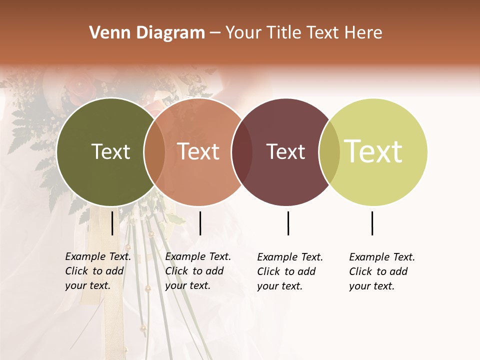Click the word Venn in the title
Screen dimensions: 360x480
tap(105, 33)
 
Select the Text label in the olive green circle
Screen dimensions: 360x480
tap(110, 151)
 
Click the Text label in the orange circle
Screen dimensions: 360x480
tap(198, 151)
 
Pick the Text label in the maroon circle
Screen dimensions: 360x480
tap(285, 151)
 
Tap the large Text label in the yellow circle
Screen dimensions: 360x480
tap(373, 151)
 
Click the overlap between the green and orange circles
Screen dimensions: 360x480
tap(154, 152)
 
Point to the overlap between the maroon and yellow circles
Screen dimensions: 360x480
tap(329, 152)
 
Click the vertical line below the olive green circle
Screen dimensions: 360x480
tap(112, 223)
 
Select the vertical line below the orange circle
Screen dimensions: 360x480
tap(200, 223)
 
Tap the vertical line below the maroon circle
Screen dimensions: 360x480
tap(288, 223)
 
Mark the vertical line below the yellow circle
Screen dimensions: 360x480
tap(372, 223)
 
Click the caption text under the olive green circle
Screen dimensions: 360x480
tap(98, 271)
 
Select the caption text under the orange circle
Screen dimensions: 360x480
tap(198, 271)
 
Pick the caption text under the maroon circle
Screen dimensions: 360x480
tap(290, 271)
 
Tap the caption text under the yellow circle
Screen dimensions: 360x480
tap(382, 271)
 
